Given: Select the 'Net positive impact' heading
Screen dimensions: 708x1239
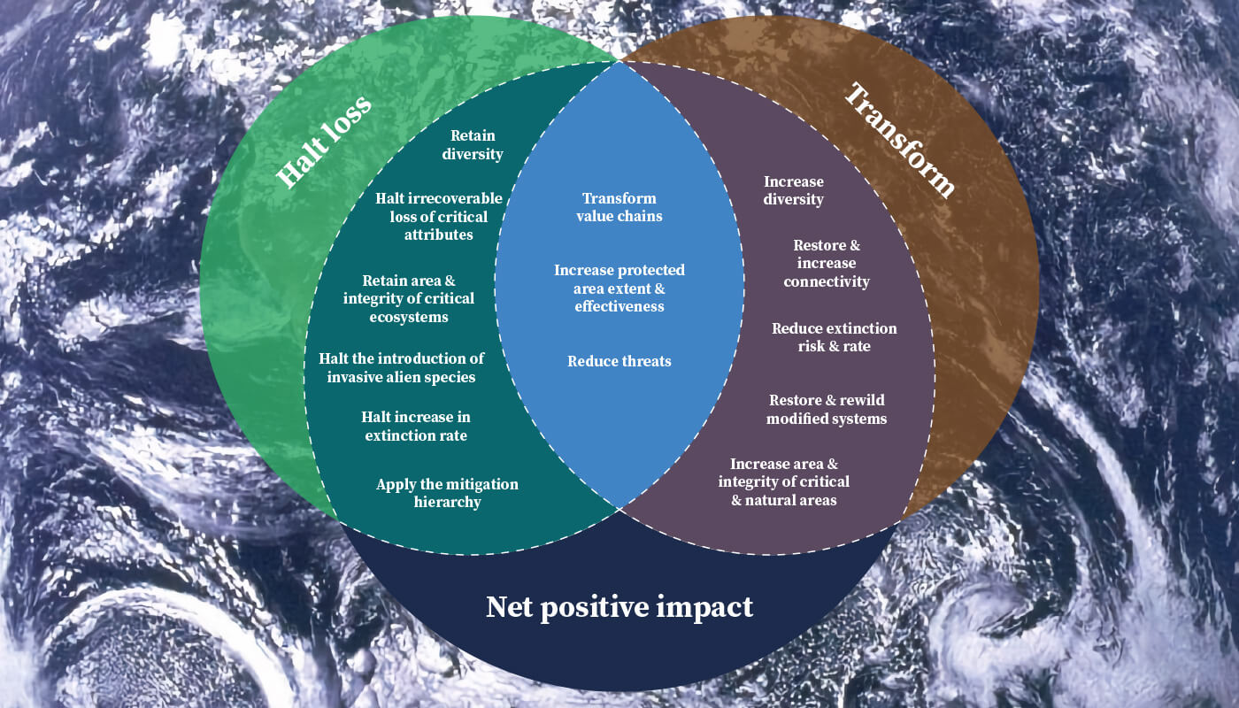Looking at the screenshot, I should point(619,607).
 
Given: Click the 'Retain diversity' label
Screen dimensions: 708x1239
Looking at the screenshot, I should point(473,145).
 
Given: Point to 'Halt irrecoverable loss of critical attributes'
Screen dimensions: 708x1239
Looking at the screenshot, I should point(438,216).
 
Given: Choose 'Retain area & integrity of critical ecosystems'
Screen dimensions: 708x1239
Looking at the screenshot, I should point(409,298).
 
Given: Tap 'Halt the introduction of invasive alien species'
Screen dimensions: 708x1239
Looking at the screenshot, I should point(401,367).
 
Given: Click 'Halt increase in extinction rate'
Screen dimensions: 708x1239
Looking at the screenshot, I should point(416,426).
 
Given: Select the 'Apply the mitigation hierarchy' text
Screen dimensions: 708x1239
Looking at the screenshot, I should point(447,493).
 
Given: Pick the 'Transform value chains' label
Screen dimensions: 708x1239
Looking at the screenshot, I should point(619,207).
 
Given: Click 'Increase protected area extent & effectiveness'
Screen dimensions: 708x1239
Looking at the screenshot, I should point(619,288).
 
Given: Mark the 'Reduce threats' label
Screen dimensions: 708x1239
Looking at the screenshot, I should point(619,361).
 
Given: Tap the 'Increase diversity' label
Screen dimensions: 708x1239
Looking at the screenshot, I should point(794,190).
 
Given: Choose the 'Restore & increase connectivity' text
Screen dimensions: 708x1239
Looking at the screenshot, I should point(827,263).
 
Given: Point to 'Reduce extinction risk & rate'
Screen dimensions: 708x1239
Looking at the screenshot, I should point(834,337).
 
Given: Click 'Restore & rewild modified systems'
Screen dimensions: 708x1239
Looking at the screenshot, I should point(827,410).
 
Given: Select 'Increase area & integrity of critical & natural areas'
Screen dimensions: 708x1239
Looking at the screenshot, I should point(784,481).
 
